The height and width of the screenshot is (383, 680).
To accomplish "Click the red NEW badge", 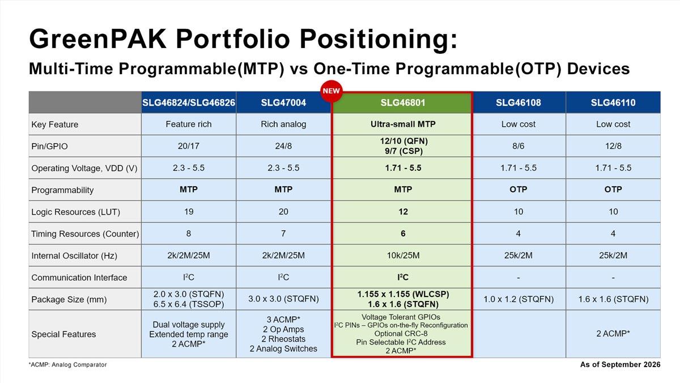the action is click(x=331, y=91).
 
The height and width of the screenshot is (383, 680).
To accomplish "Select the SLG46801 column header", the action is click(x=403, y=103).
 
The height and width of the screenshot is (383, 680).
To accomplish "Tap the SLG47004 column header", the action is click(x=283, y=103).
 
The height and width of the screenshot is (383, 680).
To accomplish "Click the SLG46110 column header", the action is click(x=613, y=103).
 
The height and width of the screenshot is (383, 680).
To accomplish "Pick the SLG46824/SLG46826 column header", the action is click(x=189, y=103).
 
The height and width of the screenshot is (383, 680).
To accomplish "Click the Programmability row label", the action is click(x=62, y=190).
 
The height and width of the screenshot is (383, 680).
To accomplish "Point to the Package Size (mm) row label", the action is click(x=69, y=299).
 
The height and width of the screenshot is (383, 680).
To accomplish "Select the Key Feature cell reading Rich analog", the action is click(x=283, y=124).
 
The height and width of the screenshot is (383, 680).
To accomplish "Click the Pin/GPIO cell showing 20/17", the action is click(x=189, y=146).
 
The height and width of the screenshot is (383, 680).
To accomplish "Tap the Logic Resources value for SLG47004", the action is click(x=283, y=212).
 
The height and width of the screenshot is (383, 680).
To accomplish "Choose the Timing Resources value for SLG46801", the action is click(x=403, y=234).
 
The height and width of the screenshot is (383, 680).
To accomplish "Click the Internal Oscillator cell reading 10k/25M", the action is click(x=403, y=256).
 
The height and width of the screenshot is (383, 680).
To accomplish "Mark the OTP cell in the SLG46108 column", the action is click(x=518, y=190).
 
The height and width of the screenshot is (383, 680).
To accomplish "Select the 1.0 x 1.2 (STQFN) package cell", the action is click(x=518, y=299).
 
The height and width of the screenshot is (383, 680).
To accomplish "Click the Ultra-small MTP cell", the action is click(x=403, y=124).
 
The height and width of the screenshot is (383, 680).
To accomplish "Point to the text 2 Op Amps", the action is click(x=283, y=329).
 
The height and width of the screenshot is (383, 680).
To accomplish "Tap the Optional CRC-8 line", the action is click(x=401, y=334).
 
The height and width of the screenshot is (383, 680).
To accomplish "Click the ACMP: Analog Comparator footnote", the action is click(x=67, y=364).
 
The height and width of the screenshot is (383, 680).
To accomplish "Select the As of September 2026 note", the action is click(x=620, y=364).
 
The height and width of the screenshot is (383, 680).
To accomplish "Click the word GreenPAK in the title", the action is click(x=97, y=39).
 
